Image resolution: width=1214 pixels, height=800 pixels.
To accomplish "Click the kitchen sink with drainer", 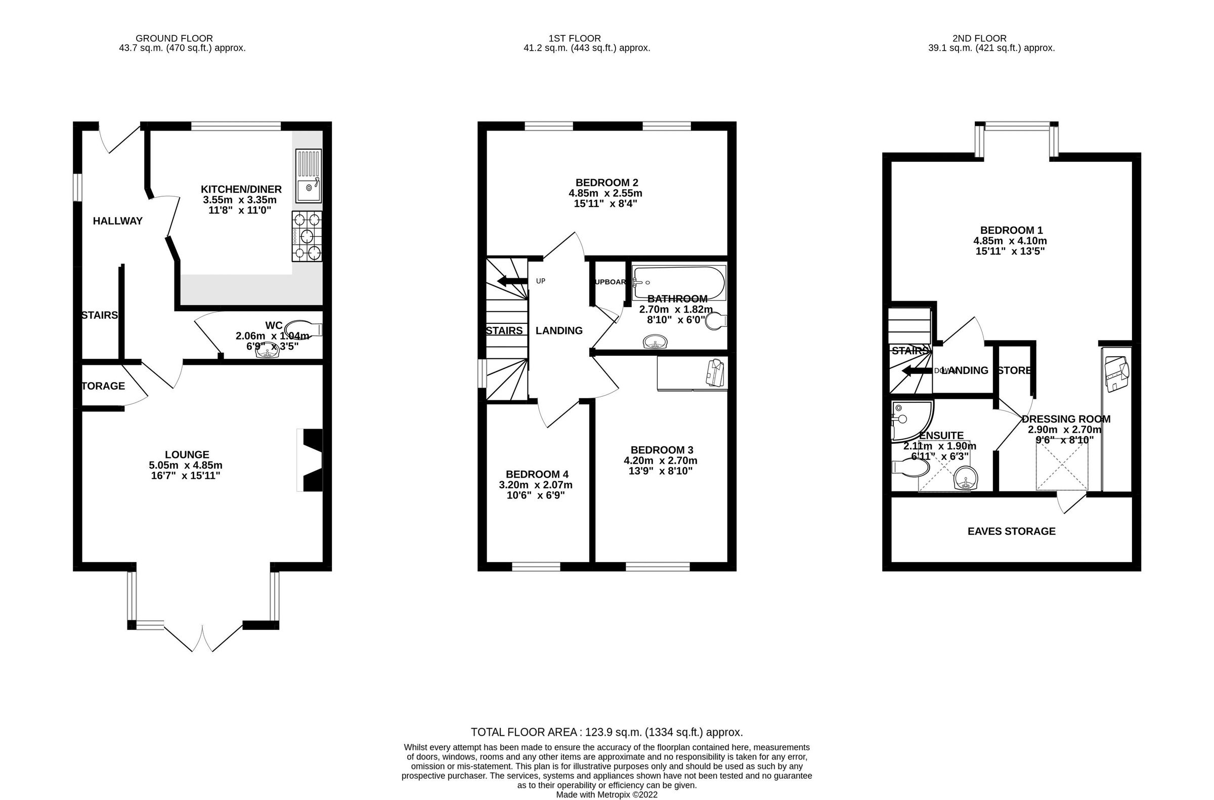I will tap(308, 176).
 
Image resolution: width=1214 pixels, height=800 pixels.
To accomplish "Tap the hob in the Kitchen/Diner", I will tap(307, 236).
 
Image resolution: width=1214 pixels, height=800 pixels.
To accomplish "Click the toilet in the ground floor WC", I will tap(303, 328).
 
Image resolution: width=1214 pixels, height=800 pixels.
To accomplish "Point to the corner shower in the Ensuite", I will tap(911, 420).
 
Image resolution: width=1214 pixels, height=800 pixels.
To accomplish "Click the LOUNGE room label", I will tap(187, 454).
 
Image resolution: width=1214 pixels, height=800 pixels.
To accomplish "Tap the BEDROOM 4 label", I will tap(537, 475).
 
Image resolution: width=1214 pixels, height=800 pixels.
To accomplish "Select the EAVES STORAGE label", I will tap(1011, 532).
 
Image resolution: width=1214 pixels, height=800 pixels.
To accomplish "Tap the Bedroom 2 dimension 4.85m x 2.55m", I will tap(605, 193).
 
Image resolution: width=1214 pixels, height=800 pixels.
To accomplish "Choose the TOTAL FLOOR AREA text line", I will tap(606, 732).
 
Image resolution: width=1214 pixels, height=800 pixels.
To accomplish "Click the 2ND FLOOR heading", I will tap(979, 38).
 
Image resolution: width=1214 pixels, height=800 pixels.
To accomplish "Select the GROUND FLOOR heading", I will tap(174, 38).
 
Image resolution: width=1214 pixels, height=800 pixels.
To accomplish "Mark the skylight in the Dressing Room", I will tap(1061, 466).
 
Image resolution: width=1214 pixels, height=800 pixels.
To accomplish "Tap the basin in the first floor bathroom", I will tap(655, 342).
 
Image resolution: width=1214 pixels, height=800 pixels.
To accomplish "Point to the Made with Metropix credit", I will tap(606, 794).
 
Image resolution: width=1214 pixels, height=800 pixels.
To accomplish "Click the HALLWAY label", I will tap(117, 221).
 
